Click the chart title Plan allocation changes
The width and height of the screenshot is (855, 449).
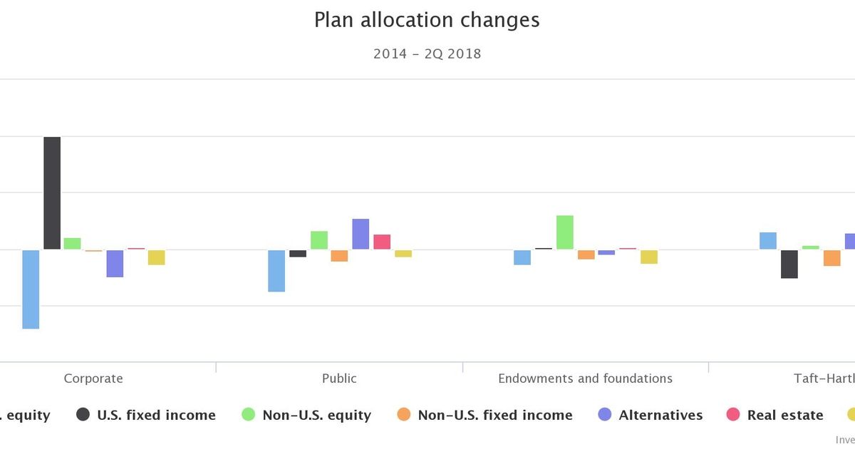coord(427,20)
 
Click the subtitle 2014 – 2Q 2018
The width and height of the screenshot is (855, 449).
coord(427,54)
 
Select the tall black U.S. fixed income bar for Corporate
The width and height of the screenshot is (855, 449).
coord(52,193)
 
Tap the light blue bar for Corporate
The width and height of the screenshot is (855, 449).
coord(31,289)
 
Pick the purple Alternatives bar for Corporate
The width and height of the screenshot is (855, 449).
coord(115,263)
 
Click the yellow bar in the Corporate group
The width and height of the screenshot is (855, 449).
coord(157,257)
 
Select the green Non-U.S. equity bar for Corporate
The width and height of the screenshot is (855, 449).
coord(73,244)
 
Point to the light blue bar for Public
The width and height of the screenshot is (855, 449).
coord(276,271)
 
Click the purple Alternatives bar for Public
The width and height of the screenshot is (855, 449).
coord(361,234)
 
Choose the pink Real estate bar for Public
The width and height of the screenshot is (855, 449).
coord(382,242)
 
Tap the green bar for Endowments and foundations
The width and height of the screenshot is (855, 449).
coord(565,232)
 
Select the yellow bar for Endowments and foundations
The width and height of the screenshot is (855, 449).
coord(649,257)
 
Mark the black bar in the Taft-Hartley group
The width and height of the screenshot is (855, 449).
coord(789,264)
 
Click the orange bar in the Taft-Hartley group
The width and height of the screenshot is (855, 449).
coord(832,258)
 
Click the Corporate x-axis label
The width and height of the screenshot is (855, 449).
coord(93,378)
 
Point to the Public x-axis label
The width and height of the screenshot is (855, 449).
coord(339,378)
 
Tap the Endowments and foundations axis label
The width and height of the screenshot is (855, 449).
coord(585,378)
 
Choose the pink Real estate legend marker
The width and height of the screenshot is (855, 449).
coord(733,415)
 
